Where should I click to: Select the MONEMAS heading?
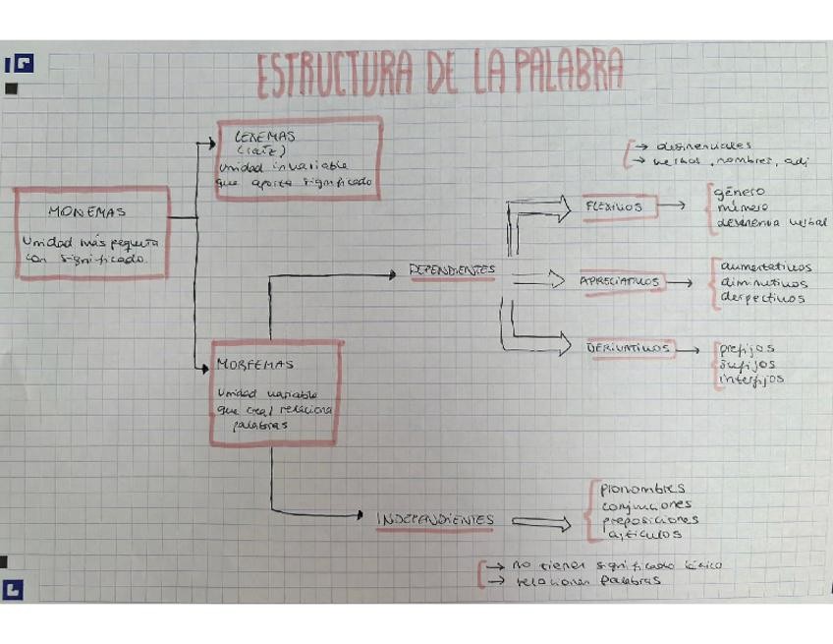click(86, 211)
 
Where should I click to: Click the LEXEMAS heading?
click(265, 137)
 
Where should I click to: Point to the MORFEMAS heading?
click(254, 364)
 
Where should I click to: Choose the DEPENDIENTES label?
click(452, 270)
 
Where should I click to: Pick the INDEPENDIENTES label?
click(435, 520)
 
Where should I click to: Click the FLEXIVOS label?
click(614, 207)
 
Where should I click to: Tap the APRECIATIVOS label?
click(620, 282)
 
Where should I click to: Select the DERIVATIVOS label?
click(629, 347)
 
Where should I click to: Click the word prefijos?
click(747, 347)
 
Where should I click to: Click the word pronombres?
click(643, 489)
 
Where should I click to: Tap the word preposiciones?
click(650, 519)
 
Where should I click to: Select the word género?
click(741, 192)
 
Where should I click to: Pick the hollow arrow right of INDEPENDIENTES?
click(540, 523)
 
